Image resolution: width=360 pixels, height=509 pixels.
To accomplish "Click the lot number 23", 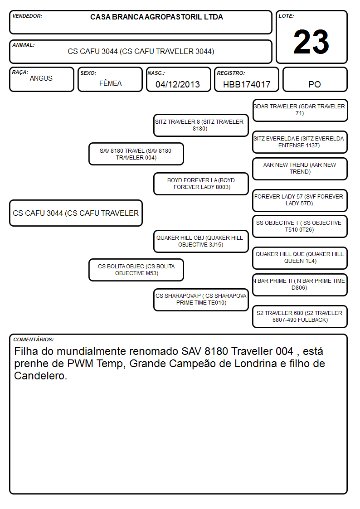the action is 311,42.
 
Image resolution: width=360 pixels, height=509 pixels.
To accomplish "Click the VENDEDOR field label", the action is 27,16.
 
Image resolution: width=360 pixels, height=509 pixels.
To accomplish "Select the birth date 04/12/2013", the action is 178,84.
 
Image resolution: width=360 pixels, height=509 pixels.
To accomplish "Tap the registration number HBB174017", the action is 247,84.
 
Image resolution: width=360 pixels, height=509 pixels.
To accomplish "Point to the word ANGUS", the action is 41,78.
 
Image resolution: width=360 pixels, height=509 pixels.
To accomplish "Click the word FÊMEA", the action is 110,83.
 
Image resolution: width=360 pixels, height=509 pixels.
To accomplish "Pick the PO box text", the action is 315,84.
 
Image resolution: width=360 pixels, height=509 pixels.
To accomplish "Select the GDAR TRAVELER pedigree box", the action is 300,110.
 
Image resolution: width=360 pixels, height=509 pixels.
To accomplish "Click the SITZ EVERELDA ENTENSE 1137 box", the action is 300,142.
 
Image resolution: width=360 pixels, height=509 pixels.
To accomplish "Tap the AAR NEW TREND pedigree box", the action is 300,169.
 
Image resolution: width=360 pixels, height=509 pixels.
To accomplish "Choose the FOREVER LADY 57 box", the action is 300,200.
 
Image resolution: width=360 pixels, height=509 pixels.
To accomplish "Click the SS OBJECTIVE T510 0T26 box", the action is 300,226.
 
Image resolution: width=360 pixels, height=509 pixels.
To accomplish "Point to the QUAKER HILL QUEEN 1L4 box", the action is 300,258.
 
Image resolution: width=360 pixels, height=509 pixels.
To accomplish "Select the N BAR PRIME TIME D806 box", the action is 300,284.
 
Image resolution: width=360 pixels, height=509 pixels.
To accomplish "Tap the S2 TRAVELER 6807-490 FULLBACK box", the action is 300,316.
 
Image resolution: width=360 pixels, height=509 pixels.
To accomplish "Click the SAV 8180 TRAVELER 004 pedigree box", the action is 136,154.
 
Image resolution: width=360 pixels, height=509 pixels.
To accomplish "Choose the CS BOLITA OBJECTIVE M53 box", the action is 136,270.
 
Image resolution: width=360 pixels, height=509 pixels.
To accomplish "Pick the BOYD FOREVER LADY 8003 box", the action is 201,184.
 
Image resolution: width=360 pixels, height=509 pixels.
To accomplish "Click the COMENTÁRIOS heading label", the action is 34,339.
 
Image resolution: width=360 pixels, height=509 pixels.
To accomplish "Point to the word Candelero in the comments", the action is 40,376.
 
